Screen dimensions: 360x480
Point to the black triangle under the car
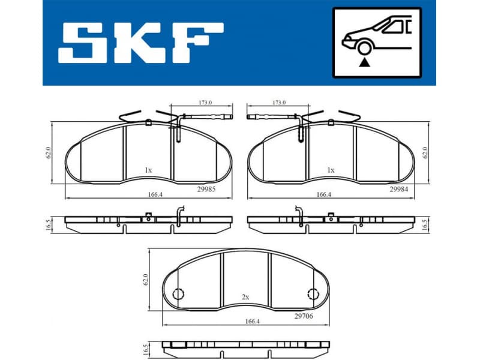pos(363,61)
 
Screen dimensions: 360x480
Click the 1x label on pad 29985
pos(148,170)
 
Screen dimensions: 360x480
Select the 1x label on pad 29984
pos(331,170)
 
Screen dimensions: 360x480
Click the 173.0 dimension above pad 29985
pos(205,103)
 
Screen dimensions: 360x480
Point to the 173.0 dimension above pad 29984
pos(279,103)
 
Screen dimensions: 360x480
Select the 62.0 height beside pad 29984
pos(425,152)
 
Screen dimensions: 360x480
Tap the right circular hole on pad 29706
pos(312,294)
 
